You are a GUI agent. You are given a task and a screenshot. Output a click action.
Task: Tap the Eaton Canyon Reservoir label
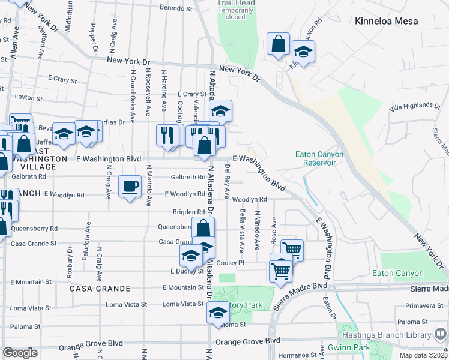319,158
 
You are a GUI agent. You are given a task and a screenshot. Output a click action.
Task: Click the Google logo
20,353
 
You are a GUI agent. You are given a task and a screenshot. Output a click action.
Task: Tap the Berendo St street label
176,8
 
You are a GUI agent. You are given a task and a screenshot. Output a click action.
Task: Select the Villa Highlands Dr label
414,106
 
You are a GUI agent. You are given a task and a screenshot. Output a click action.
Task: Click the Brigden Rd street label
188,212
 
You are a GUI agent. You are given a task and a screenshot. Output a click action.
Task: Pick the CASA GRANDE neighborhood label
92,289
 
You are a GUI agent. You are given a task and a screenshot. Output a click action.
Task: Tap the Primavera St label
424,305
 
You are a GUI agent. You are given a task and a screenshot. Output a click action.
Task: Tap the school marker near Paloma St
218,312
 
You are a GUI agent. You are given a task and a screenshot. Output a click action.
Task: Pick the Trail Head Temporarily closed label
232,10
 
